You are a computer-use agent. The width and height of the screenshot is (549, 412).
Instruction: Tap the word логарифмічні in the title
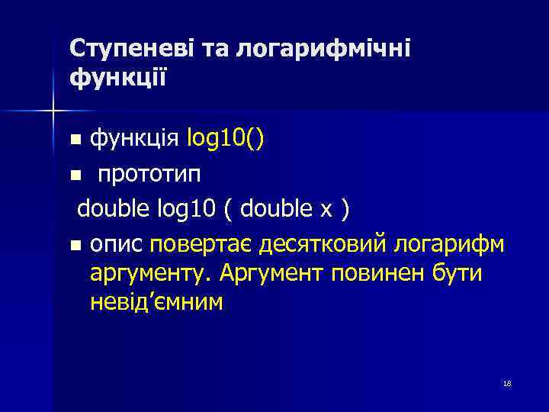click(x=323, y=49)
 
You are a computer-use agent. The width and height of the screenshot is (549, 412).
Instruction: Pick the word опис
click(x=117, y=245)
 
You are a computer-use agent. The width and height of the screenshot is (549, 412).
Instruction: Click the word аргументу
click(x=151, y=273)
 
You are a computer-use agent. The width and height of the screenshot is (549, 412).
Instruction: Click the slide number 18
click(x=507, y=383)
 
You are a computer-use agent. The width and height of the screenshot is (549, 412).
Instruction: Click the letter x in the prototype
click(x=323, y=209)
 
